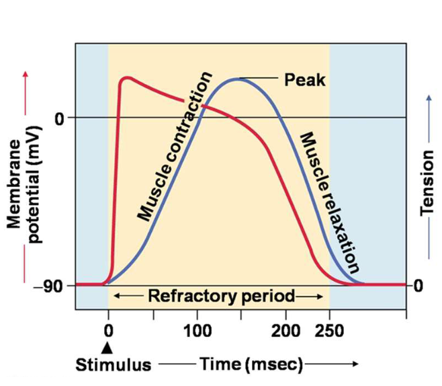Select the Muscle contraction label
[175, 146]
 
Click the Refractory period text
[221, 296]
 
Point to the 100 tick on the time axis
[197, 331]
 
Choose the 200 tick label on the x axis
[286, 331]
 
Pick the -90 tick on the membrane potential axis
[56, 285]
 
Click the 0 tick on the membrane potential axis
[60, 118]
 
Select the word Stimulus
[113, 365]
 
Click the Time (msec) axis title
[251, 364]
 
